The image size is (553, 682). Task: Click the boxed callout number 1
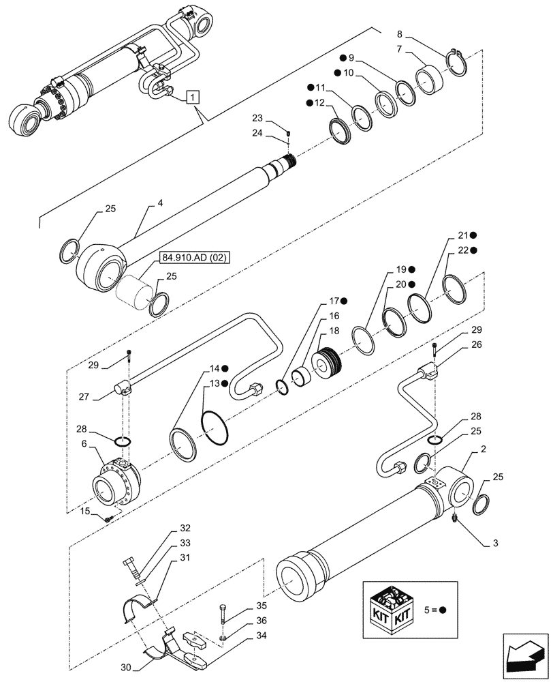pos(193,98)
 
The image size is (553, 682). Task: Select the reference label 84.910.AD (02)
pos(196,257)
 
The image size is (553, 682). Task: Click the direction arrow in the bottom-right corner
pos(526,657)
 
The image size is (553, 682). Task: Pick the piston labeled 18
pos(328,363)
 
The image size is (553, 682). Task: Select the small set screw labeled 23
pos(289,132)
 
